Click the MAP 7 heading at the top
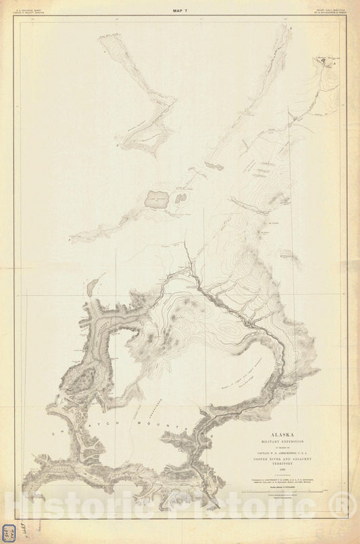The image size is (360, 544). tap(180, 11)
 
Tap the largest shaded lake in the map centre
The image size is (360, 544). tap(157, 199)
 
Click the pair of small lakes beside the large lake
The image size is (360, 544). tap(180, 199)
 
